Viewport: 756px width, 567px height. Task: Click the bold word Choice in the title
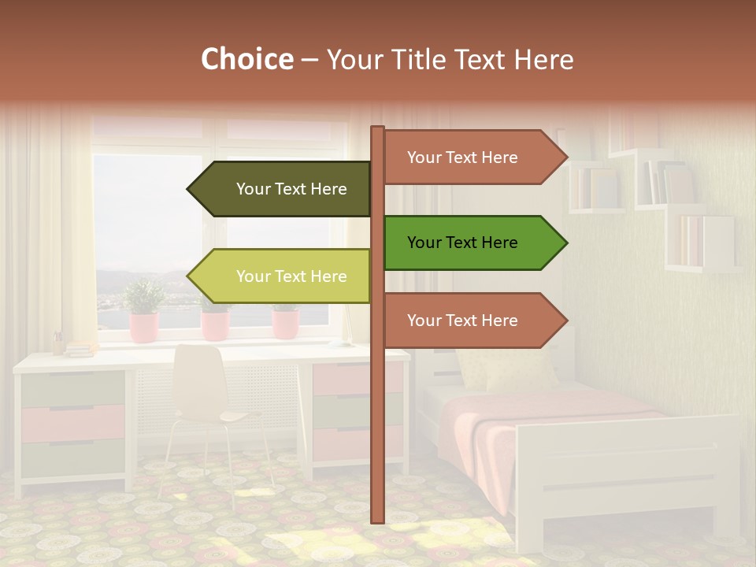click(246, 60)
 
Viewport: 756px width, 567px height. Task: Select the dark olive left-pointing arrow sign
click(283, 189)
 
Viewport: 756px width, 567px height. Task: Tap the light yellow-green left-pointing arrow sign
click(283, 276)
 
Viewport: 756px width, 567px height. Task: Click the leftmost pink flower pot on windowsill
click(144, 326)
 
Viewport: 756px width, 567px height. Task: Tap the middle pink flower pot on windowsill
click(215, 324)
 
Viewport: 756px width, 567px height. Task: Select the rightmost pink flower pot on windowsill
click(285, 323)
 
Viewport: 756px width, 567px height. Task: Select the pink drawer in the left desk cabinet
click(72, 424)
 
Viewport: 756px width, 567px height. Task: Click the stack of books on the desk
click(79, 348)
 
